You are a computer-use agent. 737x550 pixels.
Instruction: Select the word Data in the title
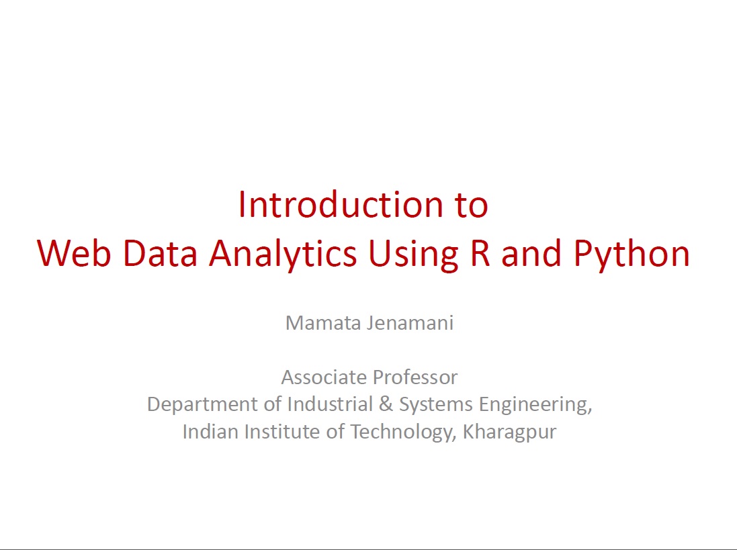pyautogui.click(x=161, y=253)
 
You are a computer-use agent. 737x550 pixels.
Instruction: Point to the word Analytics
pyautogui.click(x=283, y=255)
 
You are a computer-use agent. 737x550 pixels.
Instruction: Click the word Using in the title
pyautogui.click(x=413, y=255)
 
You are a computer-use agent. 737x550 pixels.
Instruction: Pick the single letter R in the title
pyautogui.click(x=480, y=253)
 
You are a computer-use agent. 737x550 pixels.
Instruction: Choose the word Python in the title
pyautogui.click(x=632, y=255)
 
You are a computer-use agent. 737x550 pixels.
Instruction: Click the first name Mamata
pyautogui.click(x=323, y=322)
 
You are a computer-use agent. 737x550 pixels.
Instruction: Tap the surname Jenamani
pyautogui.click(x=410, y=323)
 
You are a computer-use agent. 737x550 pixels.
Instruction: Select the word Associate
pyautogui.click(x=324, y=377)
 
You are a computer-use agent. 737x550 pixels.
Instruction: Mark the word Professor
pyautogui.click(x=415, y=377)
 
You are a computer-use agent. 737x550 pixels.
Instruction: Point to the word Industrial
pyautogui.click(x=330, y=404)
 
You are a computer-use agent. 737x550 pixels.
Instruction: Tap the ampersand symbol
pyautogui.click(x=386, y=404)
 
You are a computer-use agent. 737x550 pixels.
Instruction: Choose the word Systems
pyautogui.click(x=436, y=405)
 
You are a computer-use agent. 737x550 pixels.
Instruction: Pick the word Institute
pyautogui.click(x=282, y=432)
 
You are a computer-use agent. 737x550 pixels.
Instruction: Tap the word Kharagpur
pyautogui.click(x=509, y=432)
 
